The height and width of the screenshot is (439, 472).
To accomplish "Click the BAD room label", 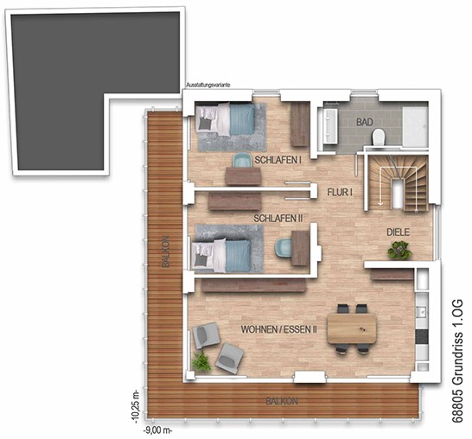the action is [x=365, y=122].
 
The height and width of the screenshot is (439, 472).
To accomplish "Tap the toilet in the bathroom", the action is [x=379, y=137].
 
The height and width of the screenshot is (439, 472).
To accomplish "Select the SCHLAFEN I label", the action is [x=277, y=160].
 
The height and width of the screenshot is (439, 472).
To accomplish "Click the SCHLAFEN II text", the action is [x=277, y=219].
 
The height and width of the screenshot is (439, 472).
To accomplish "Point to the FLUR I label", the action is [x=340, y=192].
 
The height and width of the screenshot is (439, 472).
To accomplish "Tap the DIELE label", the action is [x=398, y=232].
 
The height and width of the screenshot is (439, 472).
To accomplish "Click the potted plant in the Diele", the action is [x=399, y=250].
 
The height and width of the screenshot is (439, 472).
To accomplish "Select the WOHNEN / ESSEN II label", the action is [x=278, y=329].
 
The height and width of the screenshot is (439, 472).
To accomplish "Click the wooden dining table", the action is [x=352, y=328].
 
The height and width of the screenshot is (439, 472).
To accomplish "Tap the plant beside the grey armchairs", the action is [x=201, y=361].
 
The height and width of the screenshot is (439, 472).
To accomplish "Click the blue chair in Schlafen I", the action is [x=243, y=160].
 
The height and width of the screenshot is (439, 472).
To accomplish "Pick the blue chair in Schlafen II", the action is [x=283, y=248].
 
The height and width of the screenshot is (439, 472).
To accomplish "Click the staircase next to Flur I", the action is [x=398, y=183].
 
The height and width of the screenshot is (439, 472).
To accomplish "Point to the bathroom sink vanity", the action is [x=329, y=125].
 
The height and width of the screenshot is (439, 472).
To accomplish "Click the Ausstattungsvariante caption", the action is [x=208, y=86].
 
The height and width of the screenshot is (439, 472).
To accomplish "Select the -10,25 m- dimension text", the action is [x=136, y=407].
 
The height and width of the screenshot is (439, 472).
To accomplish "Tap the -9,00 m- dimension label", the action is [x=157, y=430].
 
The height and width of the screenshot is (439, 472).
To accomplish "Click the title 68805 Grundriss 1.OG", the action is [x=457, y=360].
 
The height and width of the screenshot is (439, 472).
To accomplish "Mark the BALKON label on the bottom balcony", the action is [x=282, y=401].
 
